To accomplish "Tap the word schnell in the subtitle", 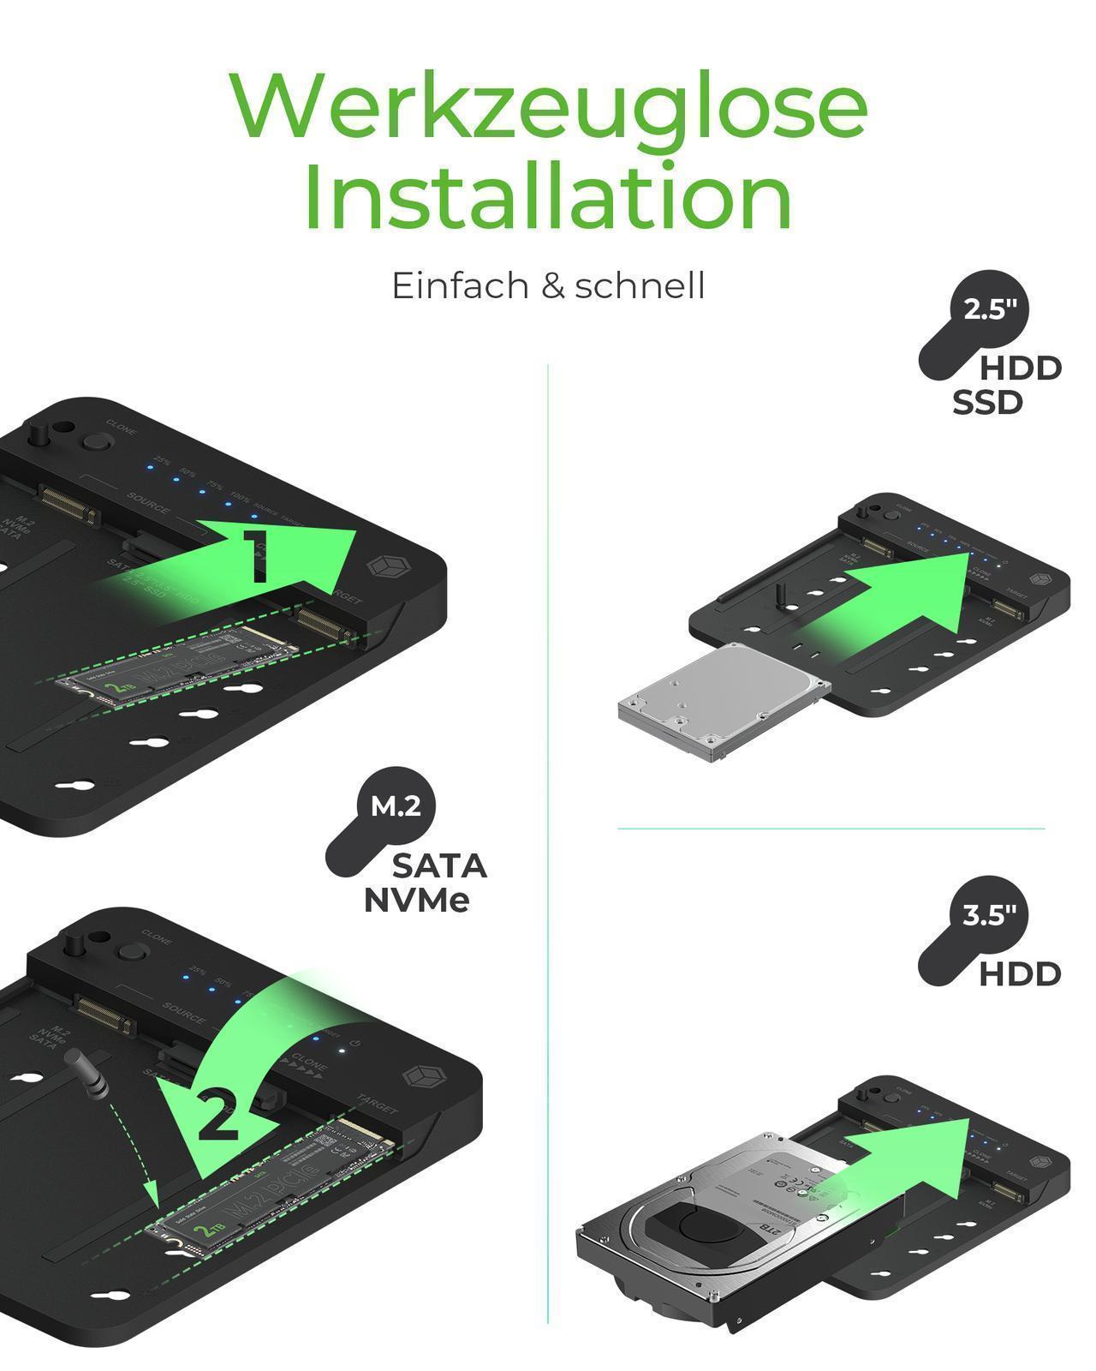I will (x=640, y=286).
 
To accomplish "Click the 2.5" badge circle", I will (x=990, y=309).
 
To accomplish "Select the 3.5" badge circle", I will (x=990, y=915).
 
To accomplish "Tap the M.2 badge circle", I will (x=396, y=806).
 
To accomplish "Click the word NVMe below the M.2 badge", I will (x=417, y=901).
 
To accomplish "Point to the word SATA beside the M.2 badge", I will (x=439, y=866).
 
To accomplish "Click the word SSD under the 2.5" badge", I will (x=987, y=402).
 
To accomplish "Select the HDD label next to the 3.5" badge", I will (x=1020, y=974).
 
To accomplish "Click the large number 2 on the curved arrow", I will (x=218, y=1114).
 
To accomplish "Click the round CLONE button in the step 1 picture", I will (x=96, y=443).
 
